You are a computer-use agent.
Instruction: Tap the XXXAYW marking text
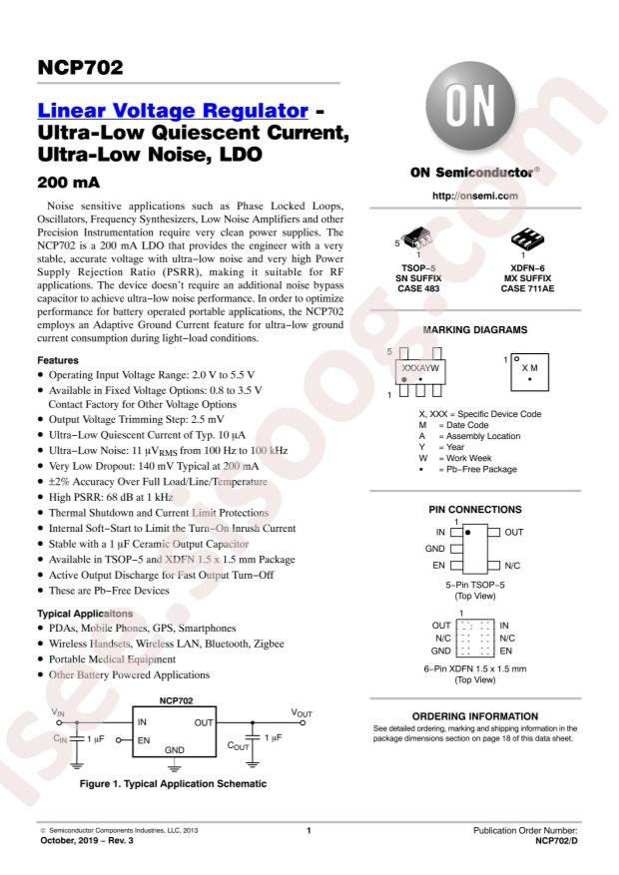click(419, 367)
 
